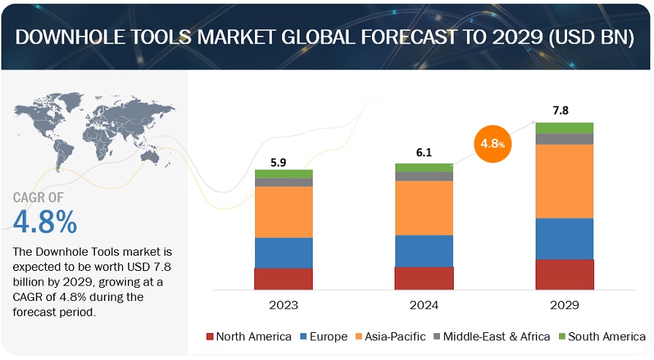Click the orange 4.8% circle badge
(493, 143)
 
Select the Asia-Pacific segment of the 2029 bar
(564, 181)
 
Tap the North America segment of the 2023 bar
(284, 279)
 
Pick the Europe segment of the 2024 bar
(424, 250)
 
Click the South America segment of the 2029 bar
(564, 128)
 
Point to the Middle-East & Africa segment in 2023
(284, 183)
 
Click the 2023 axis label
(284, 305)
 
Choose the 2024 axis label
(424, 305)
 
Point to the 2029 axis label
(564, 305)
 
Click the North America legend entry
(249, 337)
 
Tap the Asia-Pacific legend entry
(392, 337)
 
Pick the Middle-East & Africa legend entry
(491, 337)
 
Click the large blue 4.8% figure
(45, 222)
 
